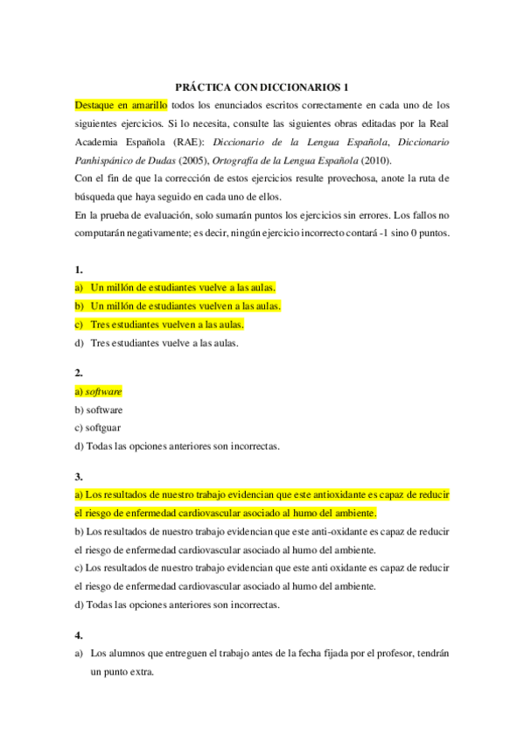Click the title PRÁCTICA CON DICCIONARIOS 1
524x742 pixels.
[262, 87]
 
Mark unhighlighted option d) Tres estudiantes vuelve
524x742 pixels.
[157, 343]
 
